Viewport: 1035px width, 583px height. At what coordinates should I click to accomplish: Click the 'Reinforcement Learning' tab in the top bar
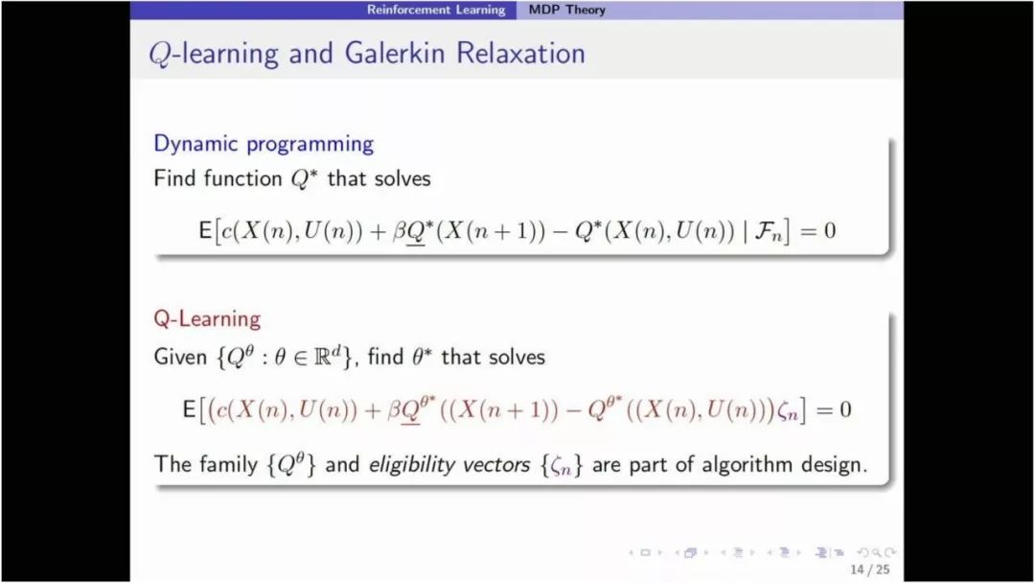click(436, 10)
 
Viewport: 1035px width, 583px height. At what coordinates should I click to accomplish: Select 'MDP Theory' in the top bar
click(567, 10)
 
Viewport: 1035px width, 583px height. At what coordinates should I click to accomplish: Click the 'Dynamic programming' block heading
click(264, 144)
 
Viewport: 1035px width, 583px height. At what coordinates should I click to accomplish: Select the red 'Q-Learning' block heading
click(207, 319)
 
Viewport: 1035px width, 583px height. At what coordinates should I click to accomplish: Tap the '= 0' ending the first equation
click(817, 231)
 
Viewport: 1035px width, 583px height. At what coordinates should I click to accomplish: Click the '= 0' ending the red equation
click(834, 410)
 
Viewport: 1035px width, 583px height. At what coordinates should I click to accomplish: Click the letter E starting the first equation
click(205, 230)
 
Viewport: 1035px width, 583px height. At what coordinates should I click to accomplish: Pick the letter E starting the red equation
click(189, 409)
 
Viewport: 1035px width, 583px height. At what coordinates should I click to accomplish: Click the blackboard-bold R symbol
click(323, 358)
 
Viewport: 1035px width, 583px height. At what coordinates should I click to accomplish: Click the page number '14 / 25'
click(870, 570)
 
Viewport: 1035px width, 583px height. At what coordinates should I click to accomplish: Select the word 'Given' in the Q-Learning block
click(180, 358)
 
